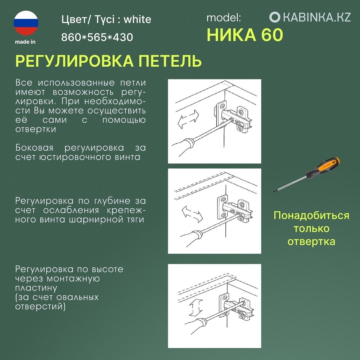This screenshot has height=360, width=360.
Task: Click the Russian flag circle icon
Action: pos(26,23)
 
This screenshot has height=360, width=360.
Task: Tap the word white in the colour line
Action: pos(137,20)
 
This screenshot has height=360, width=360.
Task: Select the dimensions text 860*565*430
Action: pos(97,37)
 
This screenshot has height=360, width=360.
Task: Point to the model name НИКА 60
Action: pos(245,35)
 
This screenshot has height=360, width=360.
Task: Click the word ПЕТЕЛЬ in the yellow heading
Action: pos(170,62)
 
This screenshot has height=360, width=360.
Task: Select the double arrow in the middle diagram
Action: pos(192,214)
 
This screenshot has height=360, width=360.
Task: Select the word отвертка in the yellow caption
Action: pos(311,241)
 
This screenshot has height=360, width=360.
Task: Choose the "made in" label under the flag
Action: pos(25,42)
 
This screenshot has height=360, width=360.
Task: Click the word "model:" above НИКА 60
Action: pos(223,18)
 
